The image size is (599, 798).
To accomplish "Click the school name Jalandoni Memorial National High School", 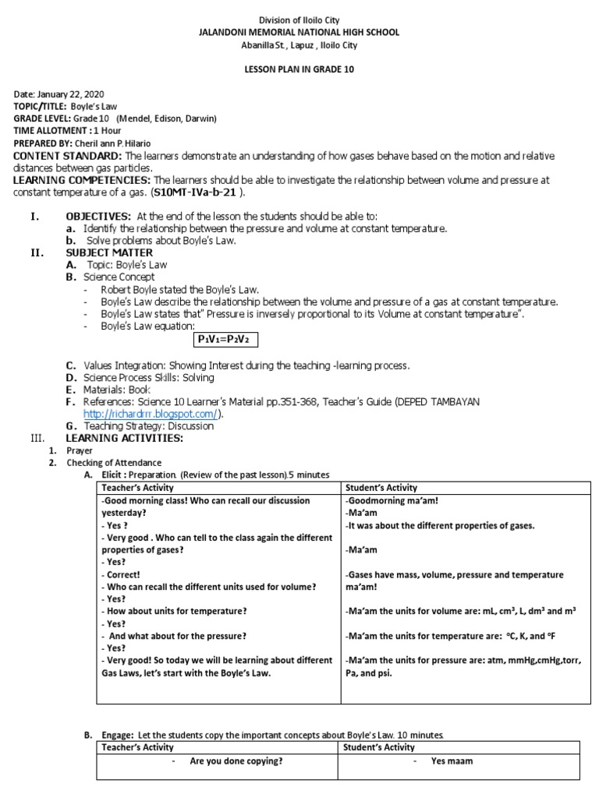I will pos(299,32).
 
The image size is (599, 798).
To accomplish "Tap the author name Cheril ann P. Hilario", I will pos(124,144).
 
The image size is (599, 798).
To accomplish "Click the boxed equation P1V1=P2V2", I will pos(226,339).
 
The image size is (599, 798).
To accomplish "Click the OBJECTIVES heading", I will pos(97,216).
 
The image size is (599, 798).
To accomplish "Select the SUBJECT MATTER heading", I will pos(109,252).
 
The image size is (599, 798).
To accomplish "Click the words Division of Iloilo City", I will pos(299,19).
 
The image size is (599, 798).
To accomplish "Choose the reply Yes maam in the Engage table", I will pos(452,761).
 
